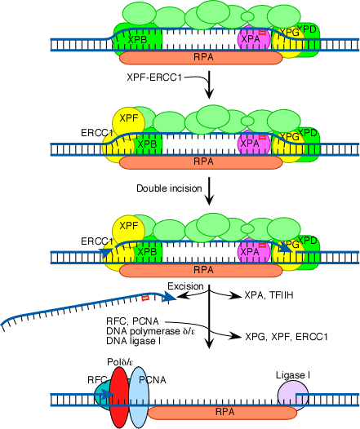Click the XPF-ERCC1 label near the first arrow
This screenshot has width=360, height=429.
tap(154, 77)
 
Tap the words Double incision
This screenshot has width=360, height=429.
tap(169, 188)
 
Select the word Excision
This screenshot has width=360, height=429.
tap(185, 286)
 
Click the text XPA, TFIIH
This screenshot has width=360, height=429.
tap(269, 295)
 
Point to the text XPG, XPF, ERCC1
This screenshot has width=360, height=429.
tap(286, 337)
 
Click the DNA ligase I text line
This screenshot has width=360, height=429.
tap(133, 341)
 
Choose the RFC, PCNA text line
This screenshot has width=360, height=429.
tap(132, 321)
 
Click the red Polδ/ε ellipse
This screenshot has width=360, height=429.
tap(119, 396)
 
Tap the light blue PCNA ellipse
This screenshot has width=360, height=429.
tap(139, 397)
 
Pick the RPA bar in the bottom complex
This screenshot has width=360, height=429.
tap(222, 413)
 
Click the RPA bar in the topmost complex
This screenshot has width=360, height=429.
tap(201, 57)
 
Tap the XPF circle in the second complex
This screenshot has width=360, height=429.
tap(129, 122)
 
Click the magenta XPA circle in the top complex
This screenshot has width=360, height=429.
tap(254, 38)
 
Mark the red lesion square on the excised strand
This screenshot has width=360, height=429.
tap(145, 298)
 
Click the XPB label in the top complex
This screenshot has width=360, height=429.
tap(137, 40)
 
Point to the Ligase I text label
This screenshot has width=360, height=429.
tap(293, 375)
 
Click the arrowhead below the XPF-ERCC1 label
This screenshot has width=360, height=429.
tap(210, 93)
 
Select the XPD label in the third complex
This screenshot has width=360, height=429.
tap(307, 241)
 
